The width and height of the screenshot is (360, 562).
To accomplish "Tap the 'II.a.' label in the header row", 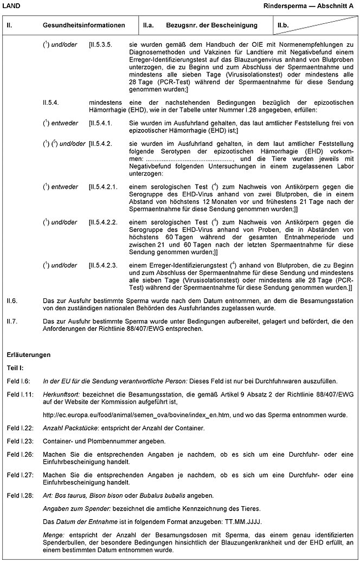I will (x=149, y=25).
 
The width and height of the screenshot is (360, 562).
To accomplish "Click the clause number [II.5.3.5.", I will (x=100, y=43).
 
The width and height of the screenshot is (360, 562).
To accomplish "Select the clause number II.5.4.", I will (x=50, y=101).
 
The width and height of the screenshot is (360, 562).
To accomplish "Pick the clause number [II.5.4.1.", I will (x=100, y=123).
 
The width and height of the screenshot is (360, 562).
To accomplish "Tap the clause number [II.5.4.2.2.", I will (x=103, y=222).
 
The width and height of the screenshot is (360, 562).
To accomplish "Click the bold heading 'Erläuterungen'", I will (x=29, y=355).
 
